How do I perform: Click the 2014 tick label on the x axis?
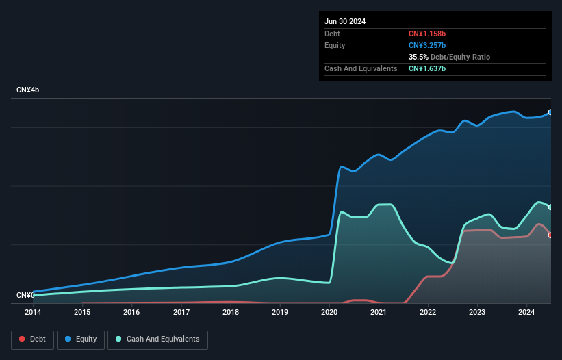click(x=33, y=313)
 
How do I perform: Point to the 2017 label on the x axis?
click(x=181, y=313)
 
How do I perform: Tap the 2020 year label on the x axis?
click(x=330, y=313)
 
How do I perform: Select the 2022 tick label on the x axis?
click(x=429, y=313)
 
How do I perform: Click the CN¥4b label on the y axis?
click(x=28, y=90)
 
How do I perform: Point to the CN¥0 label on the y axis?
click(x=25, y=296)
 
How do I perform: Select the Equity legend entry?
click(x=81, y=339)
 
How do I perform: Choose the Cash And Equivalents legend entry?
click(x=157, y=339)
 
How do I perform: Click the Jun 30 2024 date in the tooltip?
click(x=345, y=21)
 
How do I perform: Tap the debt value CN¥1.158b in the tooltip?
click(x=426, y=34)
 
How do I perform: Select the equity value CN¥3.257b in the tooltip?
click(x=426, y=45)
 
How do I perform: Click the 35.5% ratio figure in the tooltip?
click(x=418, y=57)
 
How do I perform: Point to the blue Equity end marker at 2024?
click(x=550, y=112)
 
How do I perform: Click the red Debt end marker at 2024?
click(x=550, y=235)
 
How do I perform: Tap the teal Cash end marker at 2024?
click(x=550, y=207)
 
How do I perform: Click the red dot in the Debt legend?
click(x=23, y=339)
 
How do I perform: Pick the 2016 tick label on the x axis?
click(x=131, y=313)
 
